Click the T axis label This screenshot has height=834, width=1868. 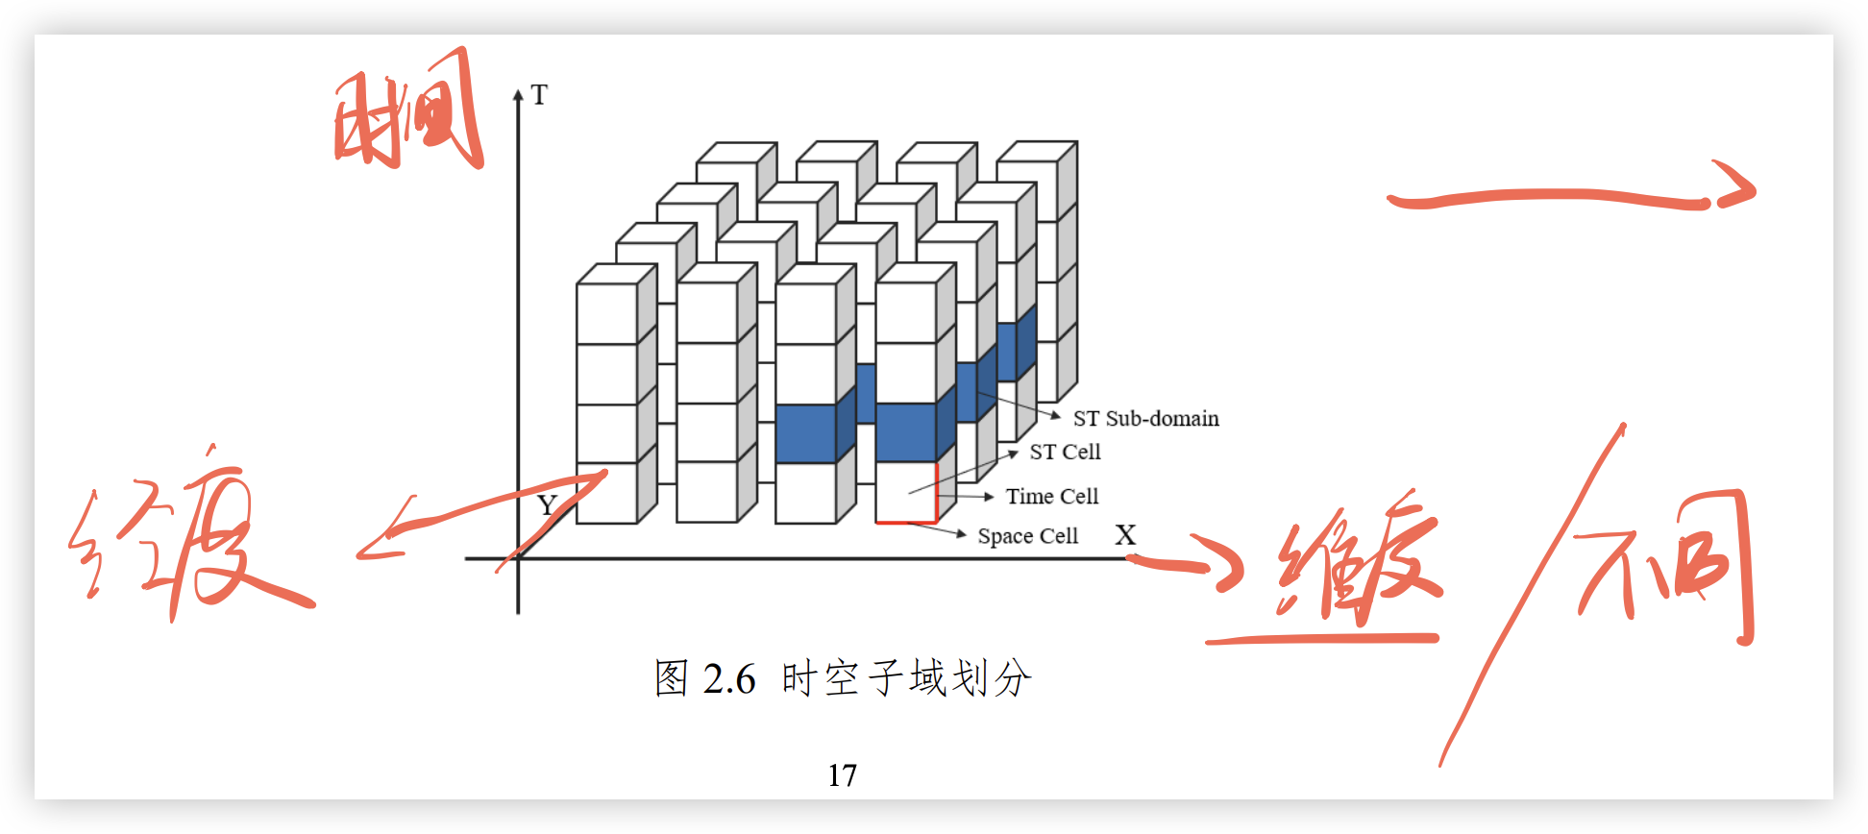coord(539,95)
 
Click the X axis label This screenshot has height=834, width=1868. coord(1125,535)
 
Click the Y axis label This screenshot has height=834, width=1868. coord(547,505)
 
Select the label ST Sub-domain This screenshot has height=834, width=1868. coord(1145,419)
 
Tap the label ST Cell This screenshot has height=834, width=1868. coord(1065,452)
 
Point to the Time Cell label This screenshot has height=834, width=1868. coord(1051,497)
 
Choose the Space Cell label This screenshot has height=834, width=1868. coord(1027,536)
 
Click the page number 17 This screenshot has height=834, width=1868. coord(842,775)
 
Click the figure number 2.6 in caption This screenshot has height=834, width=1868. coord(729,679)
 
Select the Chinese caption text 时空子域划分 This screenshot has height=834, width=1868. coord(906,678)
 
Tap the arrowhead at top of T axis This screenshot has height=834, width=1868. coord(518,94)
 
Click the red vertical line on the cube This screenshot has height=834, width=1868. coord(936,491)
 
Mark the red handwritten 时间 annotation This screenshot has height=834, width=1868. coord(407,113)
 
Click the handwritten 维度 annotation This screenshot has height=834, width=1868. coord(1360,567)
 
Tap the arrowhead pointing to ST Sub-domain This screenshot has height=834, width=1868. coord(1055,416)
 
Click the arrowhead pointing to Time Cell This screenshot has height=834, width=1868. coord(988,497)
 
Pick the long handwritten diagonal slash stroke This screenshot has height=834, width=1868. coord(1533,596)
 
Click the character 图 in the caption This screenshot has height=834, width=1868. coord(672,678)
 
